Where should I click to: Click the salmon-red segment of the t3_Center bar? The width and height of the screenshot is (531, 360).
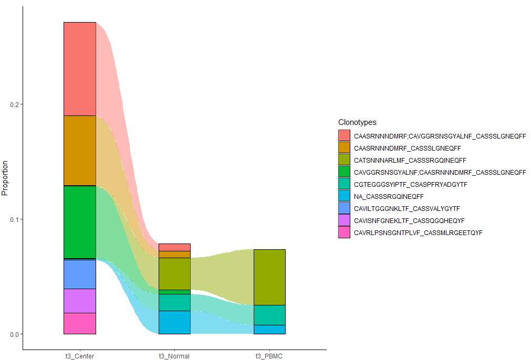point(80,69)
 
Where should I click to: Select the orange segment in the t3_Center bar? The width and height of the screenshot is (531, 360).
point(80,151)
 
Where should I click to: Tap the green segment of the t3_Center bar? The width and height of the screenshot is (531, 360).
point(80,222)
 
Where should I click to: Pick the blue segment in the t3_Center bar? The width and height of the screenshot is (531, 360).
point(80,274)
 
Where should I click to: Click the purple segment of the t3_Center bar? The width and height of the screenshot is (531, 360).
point(80,301)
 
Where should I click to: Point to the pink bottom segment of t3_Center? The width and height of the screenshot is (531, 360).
point(80,323)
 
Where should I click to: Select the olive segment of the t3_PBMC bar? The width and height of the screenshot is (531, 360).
point(269,277)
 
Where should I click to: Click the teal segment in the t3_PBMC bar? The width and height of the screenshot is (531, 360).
point(269,315)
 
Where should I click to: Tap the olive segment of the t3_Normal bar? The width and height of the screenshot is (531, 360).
point(174,273)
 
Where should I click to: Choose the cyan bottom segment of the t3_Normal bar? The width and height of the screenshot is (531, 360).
point(174,322)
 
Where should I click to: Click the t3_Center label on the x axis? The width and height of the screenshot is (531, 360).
point(80,356)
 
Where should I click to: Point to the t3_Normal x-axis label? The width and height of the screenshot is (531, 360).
point(174,356)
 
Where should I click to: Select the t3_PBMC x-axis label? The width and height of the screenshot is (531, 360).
point(269,356)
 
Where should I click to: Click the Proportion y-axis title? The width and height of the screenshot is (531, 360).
point(5,178)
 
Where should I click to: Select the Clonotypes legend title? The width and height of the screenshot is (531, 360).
point(357,123)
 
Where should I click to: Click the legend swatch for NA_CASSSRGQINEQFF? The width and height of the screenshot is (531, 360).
point(344,196)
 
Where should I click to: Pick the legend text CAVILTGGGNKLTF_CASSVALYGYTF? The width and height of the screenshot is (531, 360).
point(407,208)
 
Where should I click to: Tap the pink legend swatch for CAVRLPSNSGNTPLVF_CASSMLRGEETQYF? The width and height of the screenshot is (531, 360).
point(344,232)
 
